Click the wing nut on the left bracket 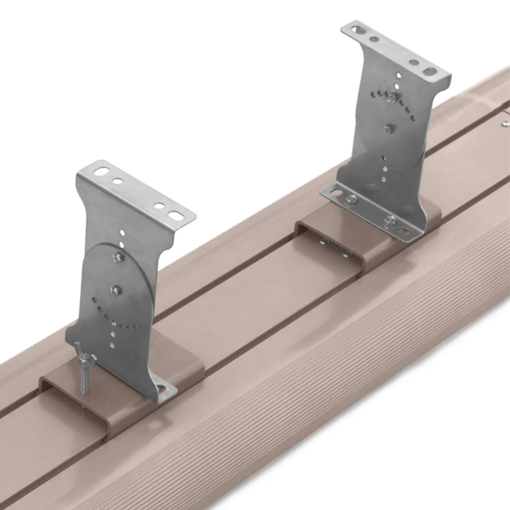[84, 357]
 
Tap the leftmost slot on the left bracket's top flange [101, 172]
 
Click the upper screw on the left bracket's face [118, 258]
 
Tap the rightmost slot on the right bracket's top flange [430, 72]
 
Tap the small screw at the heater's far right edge [506, 123]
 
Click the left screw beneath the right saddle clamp [324, 242]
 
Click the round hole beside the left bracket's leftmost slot [118, 181]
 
